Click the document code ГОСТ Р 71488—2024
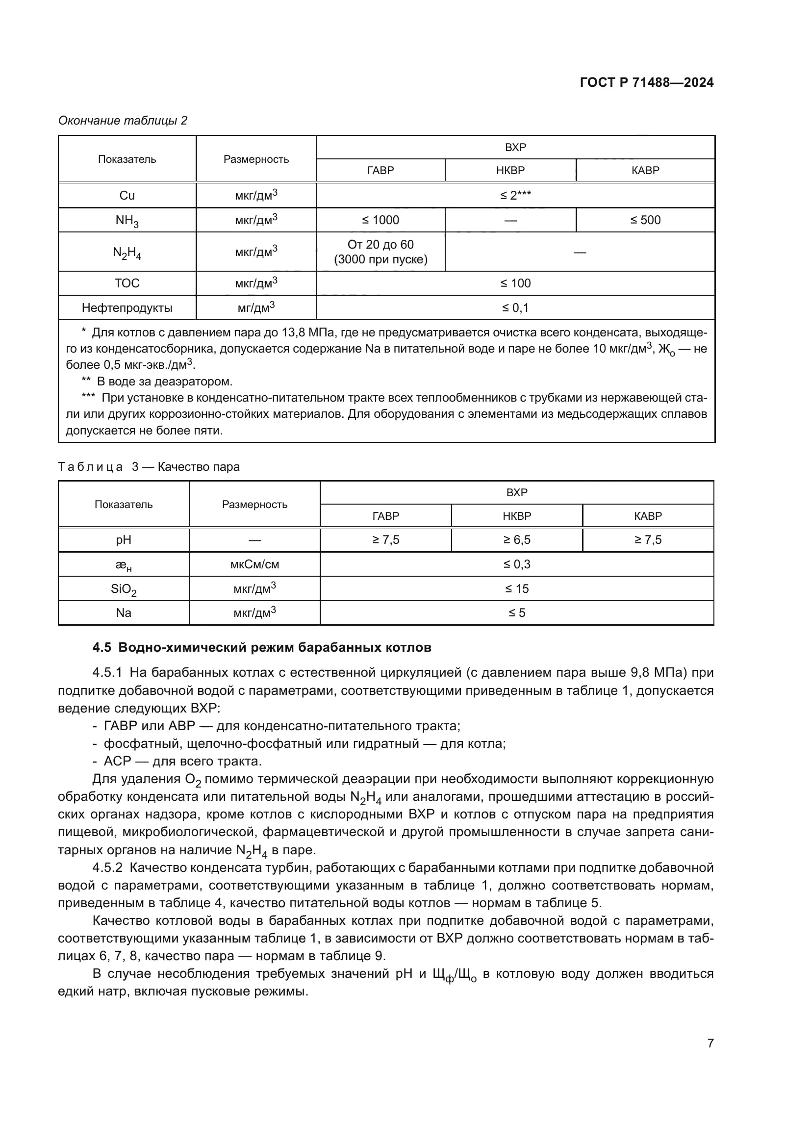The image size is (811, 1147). point(646,83)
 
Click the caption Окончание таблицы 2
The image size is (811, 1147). point(123,121)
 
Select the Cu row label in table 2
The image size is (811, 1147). point(127,195)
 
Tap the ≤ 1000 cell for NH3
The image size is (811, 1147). point(380,220)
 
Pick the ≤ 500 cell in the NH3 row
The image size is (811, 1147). point(645,220)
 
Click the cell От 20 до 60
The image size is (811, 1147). point(380,245)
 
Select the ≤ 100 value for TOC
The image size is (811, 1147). point(515,283)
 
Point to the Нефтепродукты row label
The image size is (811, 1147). point(127,308)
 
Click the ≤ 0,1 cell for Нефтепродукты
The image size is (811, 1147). point(515,308)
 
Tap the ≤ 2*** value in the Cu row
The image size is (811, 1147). point(515,195)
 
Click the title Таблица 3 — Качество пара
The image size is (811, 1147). point(149,466)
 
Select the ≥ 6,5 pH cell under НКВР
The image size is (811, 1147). point(516,539)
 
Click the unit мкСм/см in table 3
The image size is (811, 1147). point(254,564)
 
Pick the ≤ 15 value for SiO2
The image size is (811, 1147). point(516,588)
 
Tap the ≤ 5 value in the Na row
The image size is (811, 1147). point(516,613)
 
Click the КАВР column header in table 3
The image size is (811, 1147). point(648,515)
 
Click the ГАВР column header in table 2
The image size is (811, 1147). point(380,170)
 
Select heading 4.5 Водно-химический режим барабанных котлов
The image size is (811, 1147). point(262,647)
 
